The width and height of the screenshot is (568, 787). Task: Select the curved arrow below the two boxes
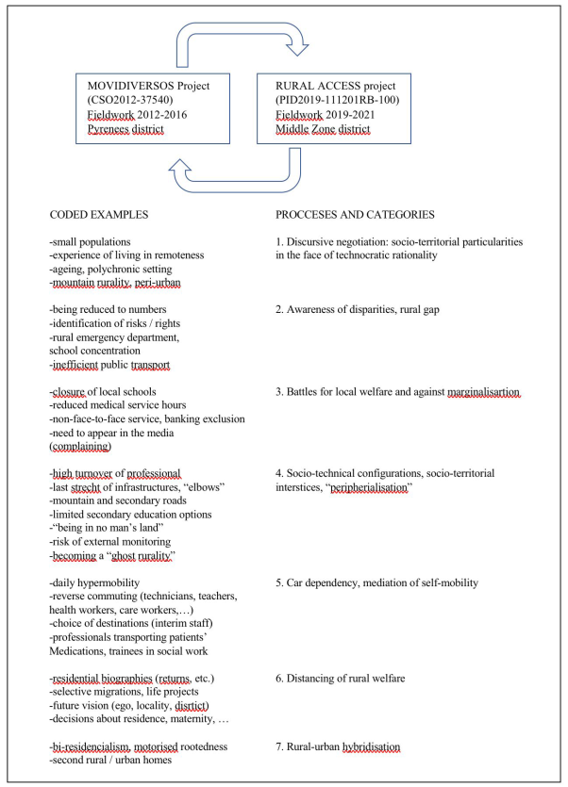[x=243, y=168]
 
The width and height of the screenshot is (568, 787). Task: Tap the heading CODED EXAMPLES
[x=102, y=215]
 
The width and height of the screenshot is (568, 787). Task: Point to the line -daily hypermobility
[x=97, y=582]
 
